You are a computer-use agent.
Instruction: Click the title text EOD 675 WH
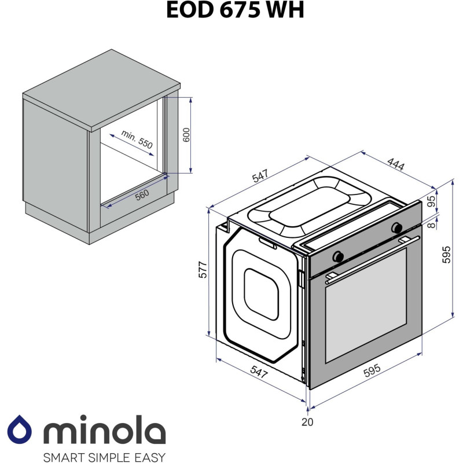click(x=234, y=10)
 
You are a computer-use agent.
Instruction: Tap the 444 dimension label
click(x=395, y=164)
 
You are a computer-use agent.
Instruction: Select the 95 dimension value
click(x=446, y=201)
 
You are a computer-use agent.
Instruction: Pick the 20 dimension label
click(x=307, y=422)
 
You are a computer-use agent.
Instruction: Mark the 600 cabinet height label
click(x=186, y=135)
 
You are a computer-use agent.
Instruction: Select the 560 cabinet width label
click(x=142, y=194)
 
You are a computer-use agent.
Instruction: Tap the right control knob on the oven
click(x=396, y=227)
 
